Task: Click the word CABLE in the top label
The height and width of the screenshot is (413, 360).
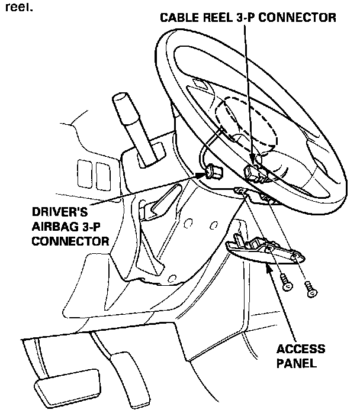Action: tap(179, 18)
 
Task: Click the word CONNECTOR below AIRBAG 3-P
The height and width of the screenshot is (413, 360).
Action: tap(70, 241)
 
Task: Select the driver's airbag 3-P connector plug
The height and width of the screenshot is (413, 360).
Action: tap(214, 172)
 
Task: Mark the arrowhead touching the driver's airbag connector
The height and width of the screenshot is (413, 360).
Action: tap(201, 175)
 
